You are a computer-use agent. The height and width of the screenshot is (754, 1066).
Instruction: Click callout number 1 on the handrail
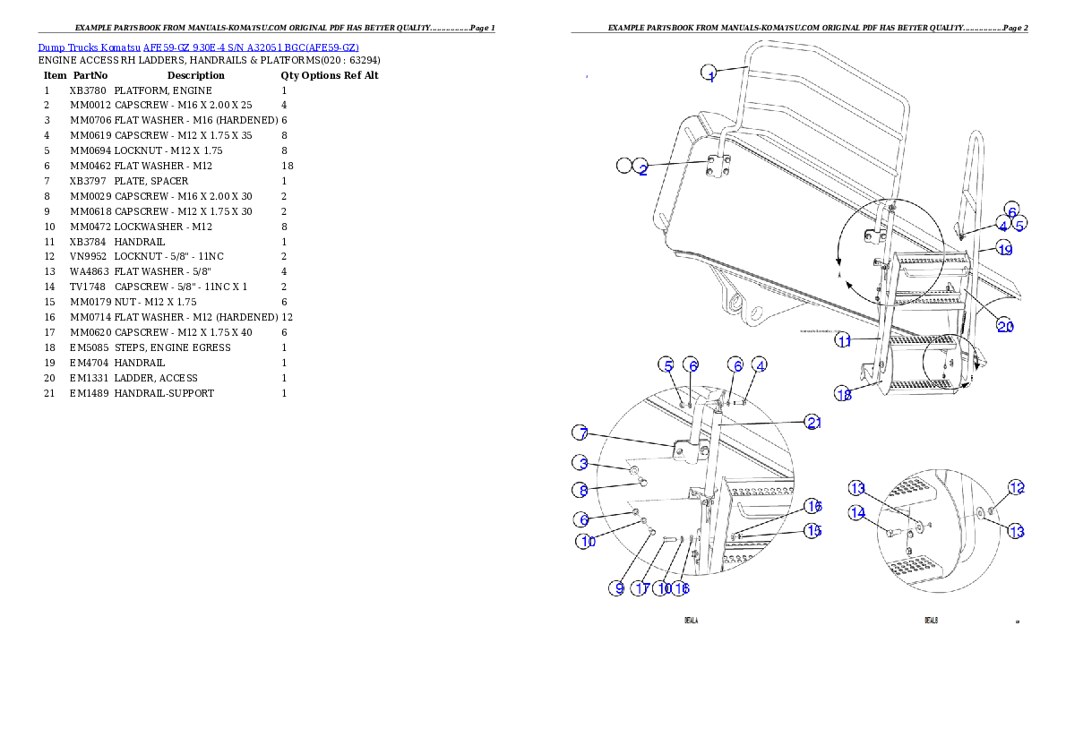point(709,74)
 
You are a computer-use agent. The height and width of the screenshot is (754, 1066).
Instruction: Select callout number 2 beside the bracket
point(641,167)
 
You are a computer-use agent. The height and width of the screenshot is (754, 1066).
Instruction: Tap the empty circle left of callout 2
point(624,166)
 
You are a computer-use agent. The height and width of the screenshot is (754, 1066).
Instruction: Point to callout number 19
point(1005,250)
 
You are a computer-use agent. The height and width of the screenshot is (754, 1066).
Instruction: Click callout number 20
point(1006,326)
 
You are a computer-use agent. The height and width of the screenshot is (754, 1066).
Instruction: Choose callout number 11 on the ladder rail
point(844,340)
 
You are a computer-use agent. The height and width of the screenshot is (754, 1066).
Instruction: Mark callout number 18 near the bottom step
point(844,394)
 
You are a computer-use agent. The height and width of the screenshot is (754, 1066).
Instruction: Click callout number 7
point(582,433)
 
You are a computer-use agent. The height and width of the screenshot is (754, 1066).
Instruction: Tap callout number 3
point(582,463)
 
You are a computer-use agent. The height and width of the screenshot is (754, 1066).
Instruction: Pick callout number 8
point(582,490)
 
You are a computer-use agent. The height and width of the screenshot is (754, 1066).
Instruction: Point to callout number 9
point(617,588)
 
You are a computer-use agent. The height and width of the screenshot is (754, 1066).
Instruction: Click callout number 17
point(641,588)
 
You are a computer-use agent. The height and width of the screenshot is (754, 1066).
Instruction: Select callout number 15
point(812,531)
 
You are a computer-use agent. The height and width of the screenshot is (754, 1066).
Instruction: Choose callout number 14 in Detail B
point(858,513)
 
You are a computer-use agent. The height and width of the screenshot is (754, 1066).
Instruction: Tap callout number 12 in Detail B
point(1016,487)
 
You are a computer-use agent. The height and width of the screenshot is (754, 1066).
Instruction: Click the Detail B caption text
point(931,620)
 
